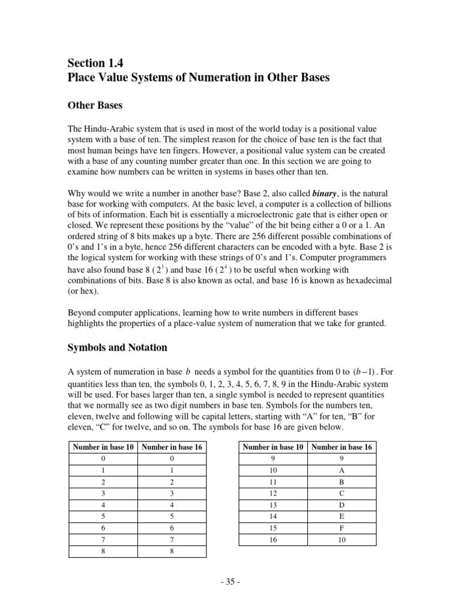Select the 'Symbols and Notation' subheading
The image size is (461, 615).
[x=117, y=348]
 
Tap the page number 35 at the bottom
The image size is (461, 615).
[x=230, y=583]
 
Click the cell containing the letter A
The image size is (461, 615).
[x=342, y=471]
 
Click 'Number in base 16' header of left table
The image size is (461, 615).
[x=172, y=447]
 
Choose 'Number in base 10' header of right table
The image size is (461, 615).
[x=274, y=447]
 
